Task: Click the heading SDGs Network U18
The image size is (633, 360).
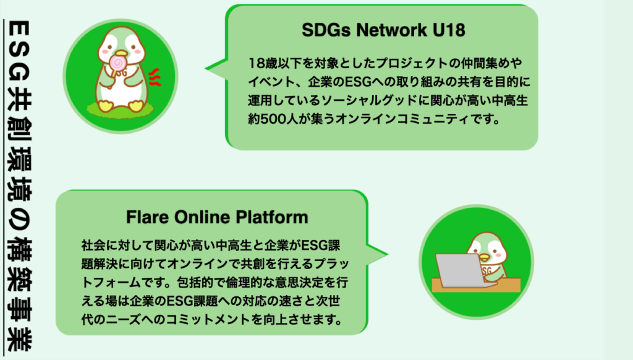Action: click(x=383, y=30)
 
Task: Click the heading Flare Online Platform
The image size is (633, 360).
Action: click(x=217, y=217)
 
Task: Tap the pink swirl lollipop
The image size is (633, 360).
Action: click(x=118, y=62)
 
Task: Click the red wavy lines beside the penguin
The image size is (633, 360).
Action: click(x=155, y=77)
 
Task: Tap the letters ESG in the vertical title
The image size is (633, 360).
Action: click(x=19, y=51)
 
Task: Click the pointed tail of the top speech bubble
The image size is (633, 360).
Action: click(x=206, y=68)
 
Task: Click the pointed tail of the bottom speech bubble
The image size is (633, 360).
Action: click(x=387, y=255)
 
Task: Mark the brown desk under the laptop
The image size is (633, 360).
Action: click(x=477, y=285)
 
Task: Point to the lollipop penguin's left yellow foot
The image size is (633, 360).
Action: click(x=105, y=106)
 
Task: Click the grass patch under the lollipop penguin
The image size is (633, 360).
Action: click(x=121, y=109)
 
